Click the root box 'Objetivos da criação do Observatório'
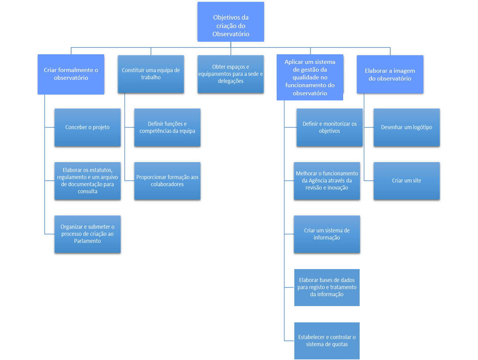pos(231,22)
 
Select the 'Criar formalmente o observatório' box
pos(71,74)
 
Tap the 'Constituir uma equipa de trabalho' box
pos(151,74)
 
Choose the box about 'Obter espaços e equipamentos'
pos(231,74)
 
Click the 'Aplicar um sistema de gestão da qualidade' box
pos(310,78)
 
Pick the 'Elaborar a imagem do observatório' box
pos(390,74)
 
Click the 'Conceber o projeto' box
pos(88,127)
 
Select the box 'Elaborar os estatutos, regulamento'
pos(88,181)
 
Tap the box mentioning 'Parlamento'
pos(88,234)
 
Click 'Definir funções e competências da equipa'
pos(167,127)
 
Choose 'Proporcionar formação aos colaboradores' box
pos(167,181)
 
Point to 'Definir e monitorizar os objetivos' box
pos(330,127)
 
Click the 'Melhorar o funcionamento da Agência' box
pos(327,181)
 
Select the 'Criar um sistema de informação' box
pos(327,234)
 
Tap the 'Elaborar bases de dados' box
pos(327,287)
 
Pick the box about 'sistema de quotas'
pos(327,341)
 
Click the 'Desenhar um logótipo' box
pos(406,127)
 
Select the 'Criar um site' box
pos(406,181)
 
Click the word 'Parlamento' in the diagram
pos(88,241)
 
